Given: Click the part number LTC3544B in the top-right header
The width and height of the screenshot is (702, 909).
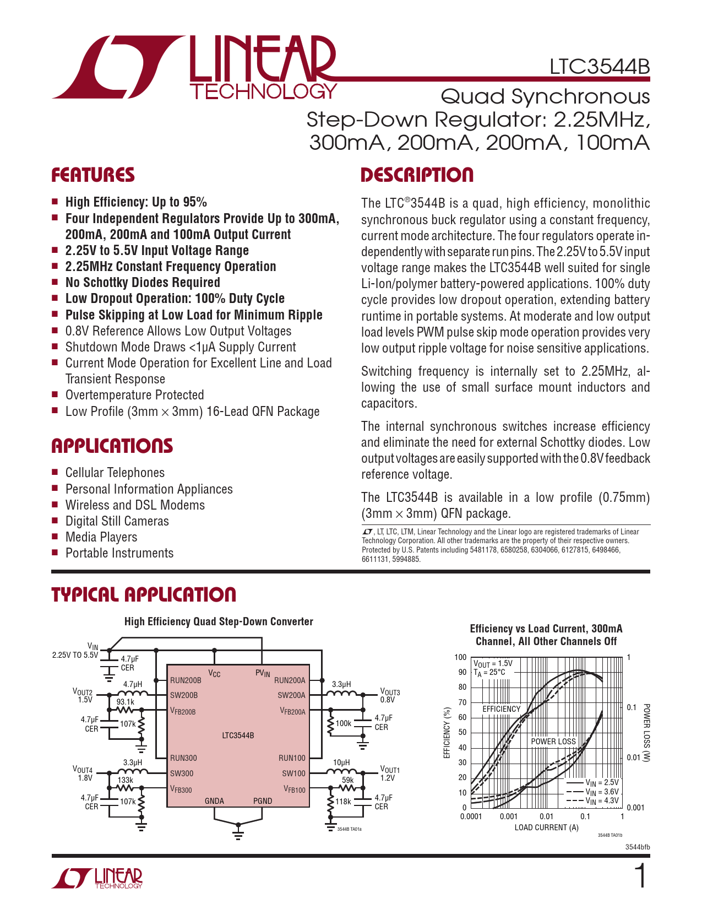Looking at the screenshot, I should coord(600,67).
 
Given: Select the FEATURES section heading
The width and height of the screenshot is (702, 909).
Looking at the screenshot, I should coord(93,175).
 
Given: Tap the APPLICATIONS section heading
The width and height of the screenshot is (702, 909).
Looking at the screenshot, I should coord(112,446).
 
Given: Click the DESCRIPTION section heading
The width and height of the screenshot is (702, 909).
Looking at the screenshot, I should coord(417,175).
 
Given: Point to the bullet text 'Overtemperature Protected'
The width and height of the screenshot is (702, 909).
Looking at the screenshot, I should coord(134,395).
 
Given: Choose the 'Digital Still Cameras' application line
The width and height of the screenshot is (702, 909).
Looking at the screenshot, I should coord(117,521).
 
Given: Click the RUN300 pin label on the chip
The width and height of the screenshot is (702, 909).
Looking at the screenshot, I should coord(183,758).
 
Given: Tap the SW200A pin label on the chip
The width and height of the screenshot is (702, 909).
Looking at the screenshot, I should coord(291,695).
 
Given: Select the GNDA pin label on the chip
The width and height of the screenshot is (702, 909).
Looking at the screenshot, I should coord(214,800).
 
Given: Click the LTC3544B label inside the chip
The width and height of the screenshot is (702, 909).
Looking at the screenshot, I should coord(238,735).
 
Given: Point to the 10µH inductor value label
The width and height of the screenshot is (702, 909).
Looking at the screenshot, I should coord(341,763).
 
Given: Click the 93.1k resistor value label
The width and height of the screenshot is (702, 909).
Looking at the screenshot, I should coord(126,702).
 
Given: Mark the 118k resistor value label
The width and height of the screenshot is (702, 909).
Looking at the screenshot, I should coord(344,802).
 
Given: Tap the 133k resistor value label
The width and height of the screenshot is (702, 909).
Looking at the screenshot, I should coord(126,780).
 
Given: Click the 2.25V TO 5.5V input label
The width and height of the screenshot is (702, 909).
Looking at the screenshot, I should coord(75,655).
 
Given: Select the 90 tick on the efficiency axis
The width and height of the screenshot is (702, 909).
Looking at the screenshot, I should coord(462,672).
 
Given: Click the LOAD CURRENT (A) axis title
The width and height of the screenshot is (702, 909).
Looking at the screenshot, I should coord(546,827).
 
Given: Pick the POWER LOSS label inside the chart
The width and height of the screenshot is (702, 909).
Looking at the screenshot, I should coord(553,742).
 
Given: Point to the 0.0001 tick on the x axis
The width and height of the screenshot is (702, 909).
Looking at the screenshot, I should coord(471,816).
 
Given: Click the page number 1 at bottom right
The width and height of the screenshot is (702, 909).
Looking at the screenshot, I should coord(641,877).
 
